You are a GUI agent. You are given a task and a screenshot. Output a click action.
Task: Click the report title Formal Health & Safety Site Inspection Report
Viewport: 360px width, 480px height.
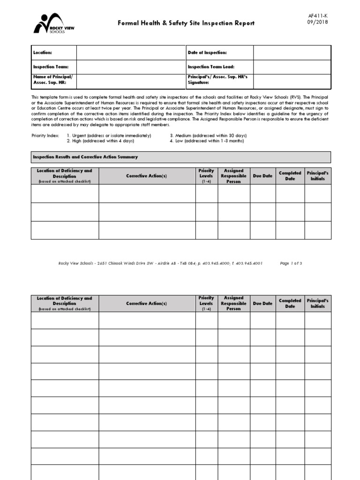click(x=186, y=23)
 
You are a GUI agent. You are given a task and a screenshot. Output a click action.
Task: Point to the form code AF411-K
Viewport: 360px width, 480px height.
click(x=318, y=15)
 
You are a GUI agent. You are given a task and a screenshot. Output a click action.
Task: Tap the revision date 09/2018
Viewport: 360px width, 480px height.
click(x=318, y=22)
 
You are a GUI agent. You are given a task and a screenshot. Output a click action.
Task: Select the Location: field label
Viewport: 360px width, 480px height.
click(x=43, y=53)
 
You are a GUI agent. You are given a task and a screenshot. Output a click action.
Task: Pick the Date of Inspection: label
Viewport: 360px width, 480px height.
click(x=207, y=53)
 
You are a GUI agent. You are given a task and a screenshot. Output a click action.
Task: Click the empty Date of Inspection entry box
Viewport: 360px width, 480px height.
click(x=292, y=53)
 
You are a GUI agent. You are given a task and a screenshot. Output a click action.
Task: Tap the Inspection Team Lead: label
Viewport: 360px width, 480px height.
click(x=211, y=67)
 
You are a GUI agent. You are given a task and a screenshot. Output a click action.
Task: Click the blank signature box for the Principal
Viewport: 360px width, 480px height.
click(x=292, y=81)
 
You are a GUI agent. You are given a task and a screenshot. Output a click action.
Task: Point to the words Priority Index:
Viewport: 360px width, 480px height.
click(x=45, y=135)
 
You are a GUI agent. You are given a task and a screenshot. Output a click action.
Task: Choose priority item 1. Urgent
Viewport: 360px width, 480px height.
click(x=109, y=135)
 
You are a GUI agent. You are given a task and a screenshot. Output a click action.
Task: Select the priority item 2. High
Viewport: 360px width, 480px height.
click(x=100, y=141)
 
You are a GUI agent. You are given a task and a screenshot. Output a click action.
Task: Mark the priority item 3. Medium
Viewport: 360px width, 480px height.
click(x=208, y=135)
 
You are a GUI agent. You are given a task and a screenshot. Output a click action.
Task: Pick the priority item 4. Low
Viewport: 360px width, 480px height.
click(x=207, y=141)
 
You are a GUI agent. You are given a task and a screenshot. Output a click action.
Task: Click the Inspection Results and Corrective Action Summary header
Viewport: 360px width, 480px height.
click(x=85, y=157)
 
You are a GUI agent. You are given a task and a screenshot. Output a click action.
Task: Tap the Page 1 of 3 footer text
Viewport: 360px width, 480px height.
click(x=291, y=263)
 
